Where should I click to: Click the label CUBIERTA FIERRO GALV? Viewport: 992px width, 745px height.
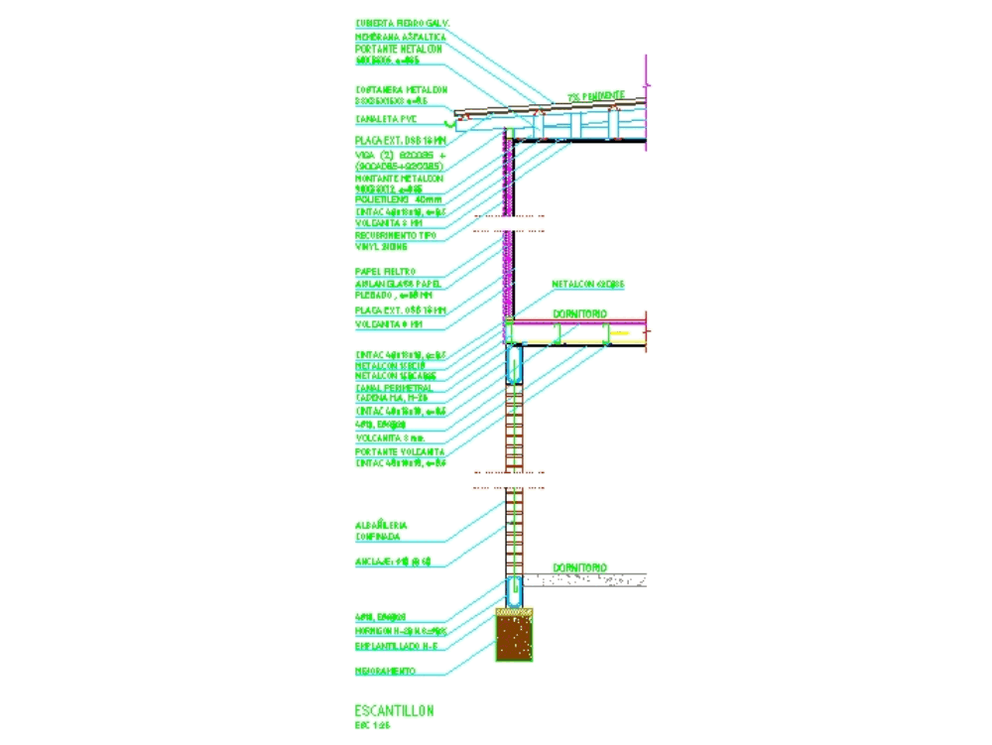click(403, 22)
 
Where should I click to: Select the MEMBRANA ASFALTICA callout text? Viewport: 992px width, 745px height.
click(400, 37)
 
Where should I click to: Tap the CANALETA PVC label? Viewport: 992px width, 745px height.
click(387, 119)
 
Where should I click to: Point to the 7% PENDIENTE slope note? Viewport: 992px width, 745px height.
click(597, 96)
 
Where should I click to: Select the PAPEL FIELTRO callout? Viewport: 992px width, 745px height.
click(385, 271)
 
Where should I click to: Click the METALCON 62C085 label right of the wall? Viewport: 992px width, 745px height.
click(588, 285)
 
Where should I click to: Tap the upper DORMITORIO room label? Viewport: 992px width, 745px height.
click(579, 313)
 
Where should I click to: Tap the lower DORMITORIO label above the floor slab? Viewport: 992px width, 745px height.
click(579, 567)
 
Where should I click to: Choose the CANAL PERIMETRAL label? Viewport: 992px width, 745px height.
click(394, 388)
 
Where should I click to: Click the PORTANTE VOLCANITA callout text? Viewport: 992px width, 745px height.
click(400, 451)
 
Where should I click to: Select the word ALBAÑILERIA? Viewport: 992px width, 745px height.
click(381, 525)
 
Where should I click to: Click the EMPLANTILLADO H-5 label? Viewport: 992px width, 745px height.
click(396, 646)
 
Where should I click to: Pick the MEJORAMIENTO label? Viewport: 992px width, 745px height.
click(385, 671)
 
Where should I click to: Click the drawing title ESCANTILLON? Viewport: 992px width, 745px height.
click(393, 711)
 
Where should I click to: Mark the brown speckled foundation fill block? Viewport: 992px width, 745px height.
click(514, 639)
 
